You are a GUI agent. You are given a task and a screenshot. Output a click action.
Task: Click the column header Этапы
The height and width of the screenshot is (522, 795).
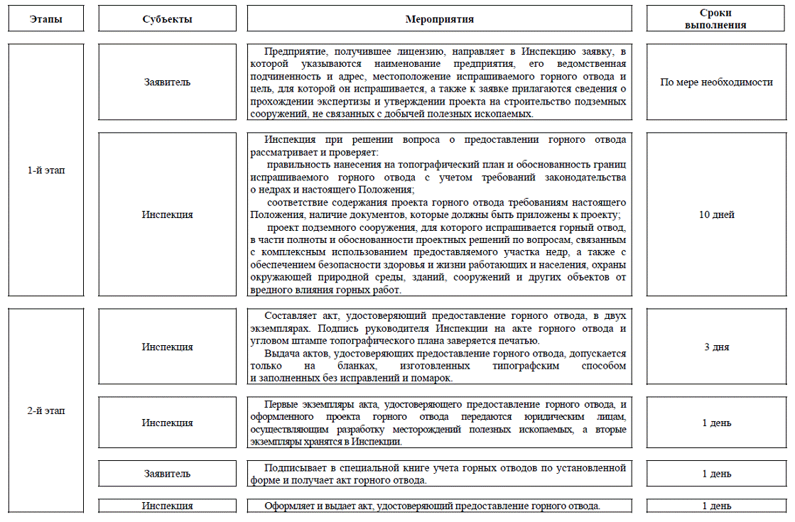tap(46, 19)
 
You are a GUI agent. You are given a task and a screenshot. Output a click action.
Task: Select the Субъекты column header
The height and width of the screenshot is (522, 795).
tap(167, 19)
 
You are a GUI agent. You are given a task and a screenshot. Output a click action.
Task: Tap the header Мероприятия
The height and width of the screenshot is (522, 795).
tap(439, 19)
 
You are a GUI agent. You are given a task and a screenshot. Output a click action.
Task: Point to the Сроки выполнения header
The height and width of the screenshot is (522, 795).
tap(716, 18)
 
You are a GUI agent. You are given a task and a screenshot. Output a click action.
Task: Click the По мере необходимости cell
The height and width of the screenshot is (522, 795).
tap(716, 82)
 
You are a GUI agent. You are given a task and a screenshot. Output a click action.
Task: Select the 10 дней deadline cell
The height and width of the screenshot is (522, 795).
tap(716, 214)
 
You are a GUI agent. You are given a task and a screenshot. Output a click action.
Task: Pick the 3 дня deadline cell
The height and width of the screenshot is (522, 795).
tap(716, 347)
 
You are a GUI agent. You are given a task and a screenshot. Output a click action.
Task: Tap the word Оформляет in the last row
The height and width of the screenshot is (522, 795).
tap(291, 506)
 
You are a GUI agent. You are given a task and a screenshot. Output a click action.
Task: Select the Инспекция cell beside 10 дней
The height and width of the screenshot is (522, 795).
tap(167, 214)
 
